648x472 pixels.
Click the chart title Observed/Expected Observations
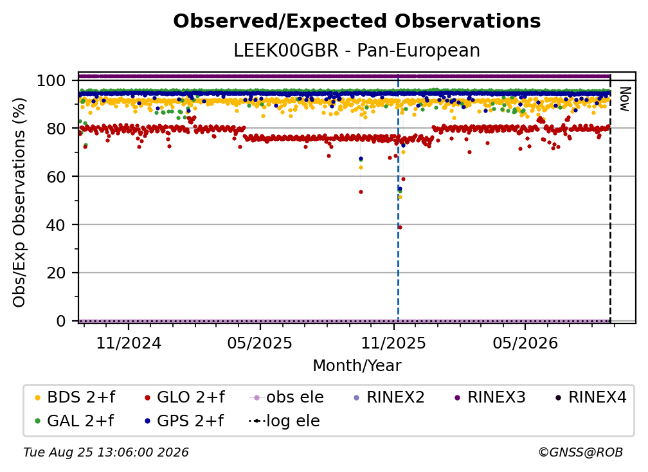pyautogui.click(x=357, y=21)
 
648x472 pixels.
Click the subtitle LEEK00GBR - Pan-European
pyautogui.click(x=357, y=50)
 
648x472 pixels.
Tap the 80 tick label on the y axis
pyautogui.click(x=56, y=129)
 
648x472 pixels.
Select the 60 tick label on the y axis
pyautogui.click(x=56, y=177)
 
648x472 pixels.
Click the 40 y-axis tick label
pyautogui.click(x=56, y=225)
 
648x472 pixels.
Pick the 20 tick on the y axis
pyautogui.click(x=56, y=273)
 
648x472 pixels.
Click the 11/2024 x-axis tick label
pyautogui.click(x=129, y=343)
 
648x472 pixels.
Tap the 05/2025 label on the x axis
pyautogui.click(x=260, y=343)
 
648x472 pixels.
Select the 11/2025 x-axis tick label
pyautogui.click(x=393, y=343)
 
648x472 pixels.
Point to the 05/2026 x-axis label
pyautogui.click(x=525, y=343)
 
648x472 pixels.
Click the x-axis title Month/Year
pyautogui.click(x=357, y=366)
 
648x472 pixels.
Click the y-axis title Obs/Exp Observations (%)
pyautogui.click(x=19, y=203)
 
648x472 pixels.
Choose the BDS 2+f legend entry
pyautogui.click(x=75, y=397)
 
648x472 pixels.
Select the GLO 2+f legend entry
pyautogui.click(x=184, y=397)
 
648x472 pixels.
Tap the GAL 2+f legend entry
pyautogui.click(x=75, y=421)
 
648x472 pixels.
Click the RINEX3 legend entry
pyautogui.click(x=490, y=397)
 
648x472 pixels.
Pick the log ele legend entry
pyautogui.click(x=284, y=421)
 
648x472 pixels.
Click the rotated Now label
pyautogui.click(x=624, y=99)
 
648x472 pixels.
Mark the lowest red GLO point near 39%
pyautogui.click(x=400, y=228)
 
